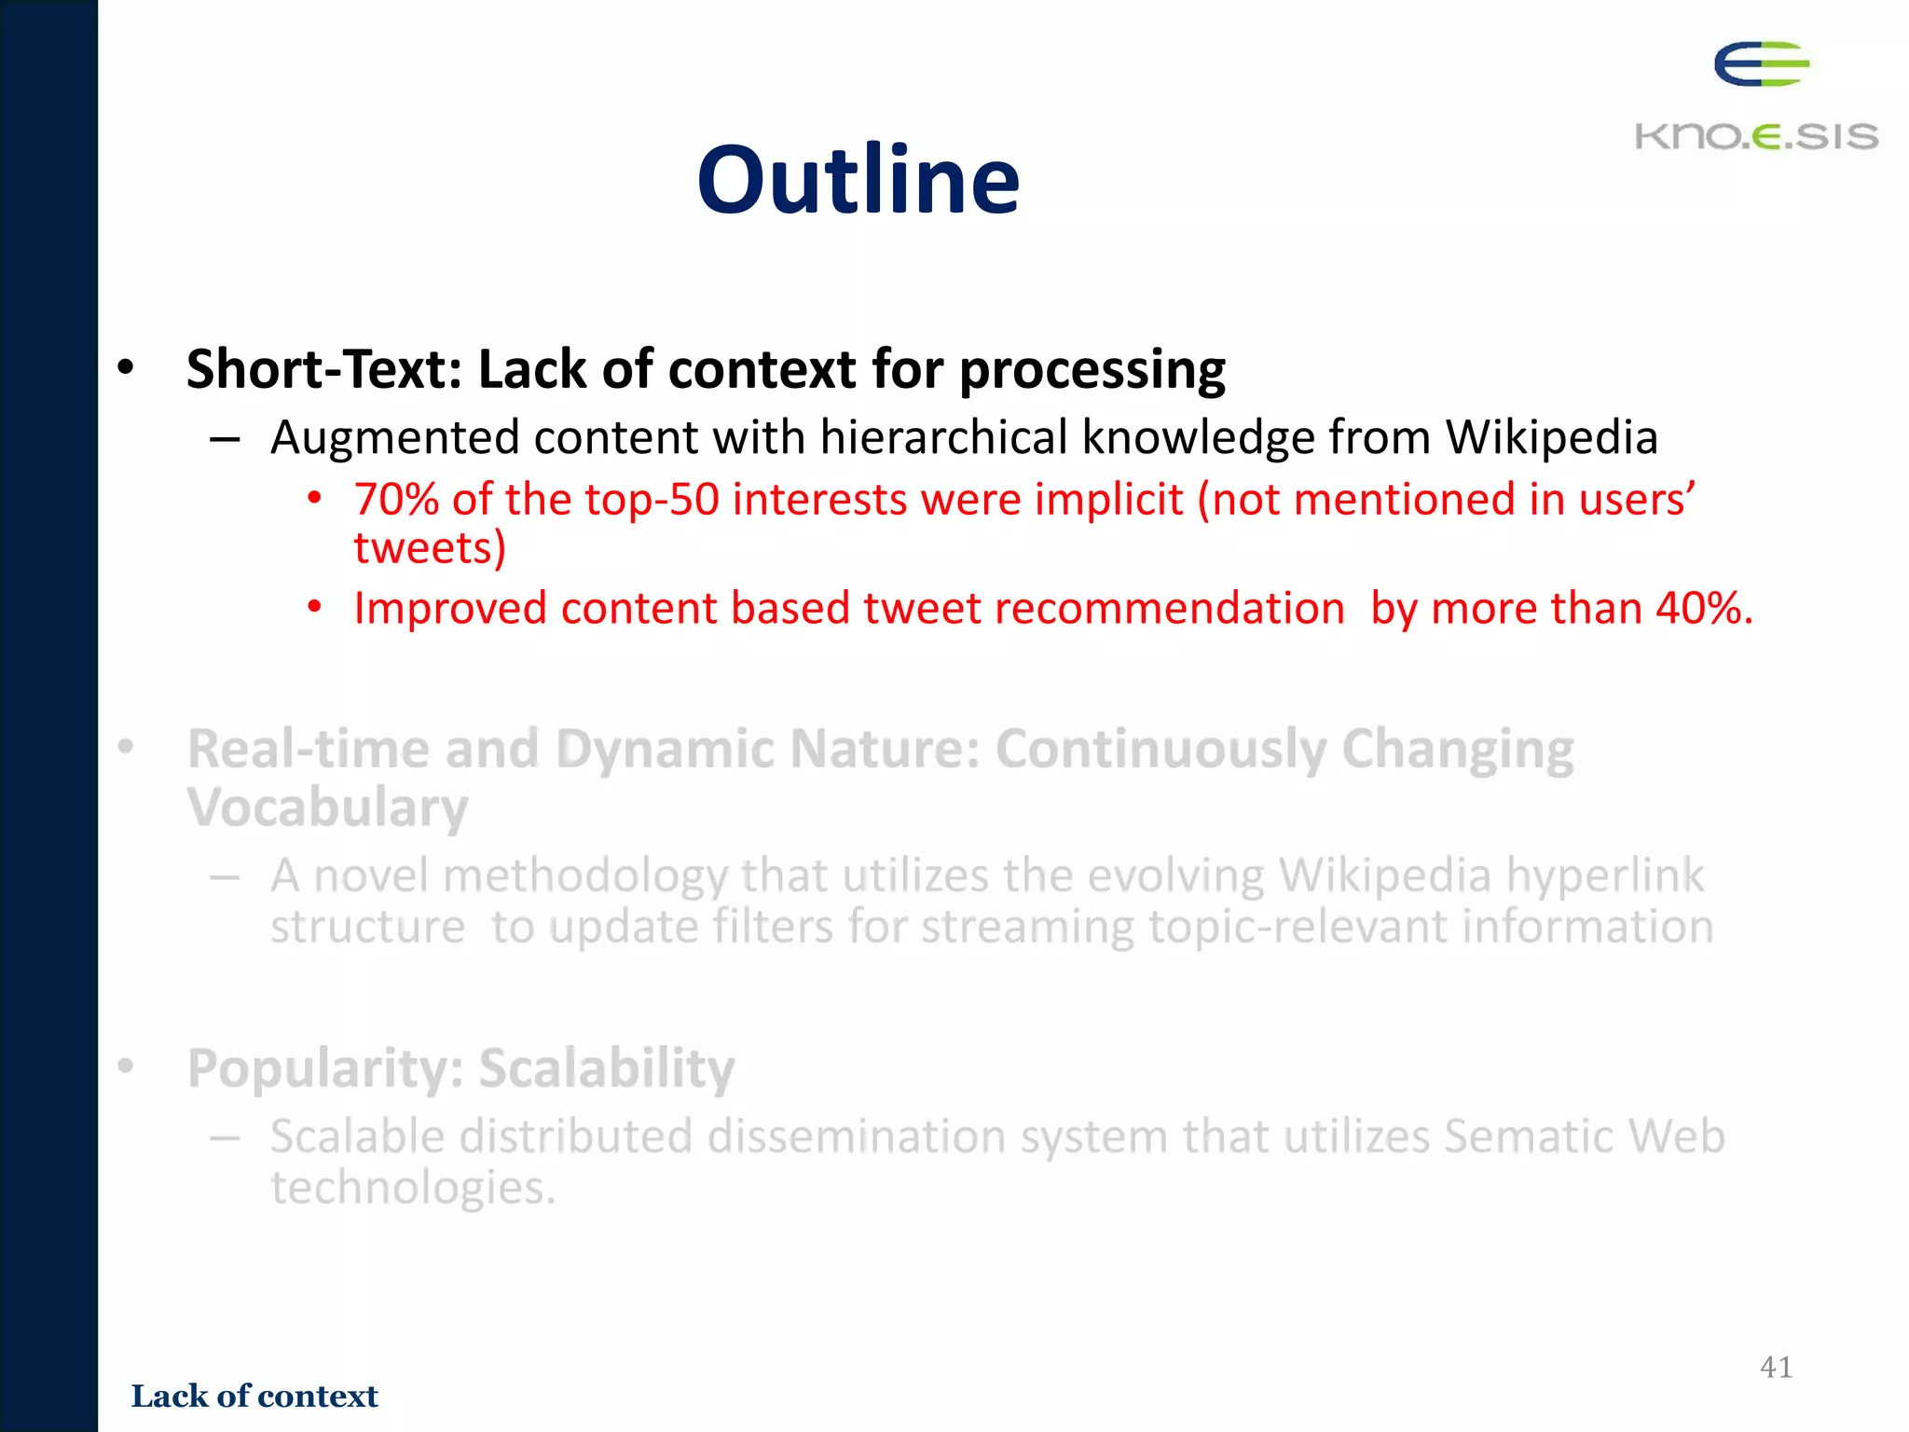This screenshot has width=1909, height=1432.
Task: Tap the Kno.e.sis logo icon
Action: point(1761,64)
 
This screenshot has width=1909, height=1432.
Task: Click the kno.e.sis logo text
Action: point(1756,136)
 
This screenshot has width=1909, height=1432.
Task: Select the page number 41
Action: point(1776,1367)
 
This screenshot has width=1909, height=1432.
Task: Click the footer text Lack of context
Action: point(254,1396)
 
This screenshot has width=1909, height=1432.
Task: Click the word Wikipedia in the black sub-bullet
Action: point(1551,437)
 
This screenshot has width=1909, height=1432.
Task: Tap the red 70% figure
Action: point(396,500)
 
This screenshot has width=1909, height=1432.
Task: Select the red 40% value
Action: point(1703,609)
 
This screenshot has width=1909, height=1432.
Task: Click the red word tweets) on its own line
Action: point(430,548)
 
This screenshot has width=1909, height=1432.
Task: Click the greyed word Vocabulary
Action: point(327,807)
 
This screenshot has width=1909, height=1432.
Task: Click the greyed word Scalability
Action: point(607,1068)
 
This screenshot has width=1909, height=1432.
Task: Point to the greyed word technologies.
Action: point(412,1188)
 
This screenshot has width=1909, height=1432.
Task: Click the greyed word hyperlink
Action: point(1605,876)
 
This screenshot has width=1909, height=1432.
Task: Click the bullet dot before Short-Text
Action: point(126,367)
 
